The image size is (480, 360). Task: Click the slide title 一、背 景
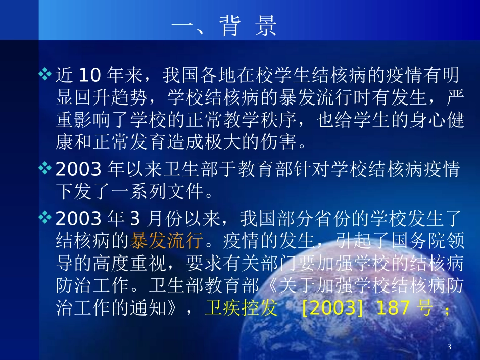225,27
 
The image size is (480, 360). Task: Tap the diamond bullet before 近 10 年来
45,75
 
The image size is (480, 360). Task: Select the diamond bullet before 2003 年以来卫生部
45,169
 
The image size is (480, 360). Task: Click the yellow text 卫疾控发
241,308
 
